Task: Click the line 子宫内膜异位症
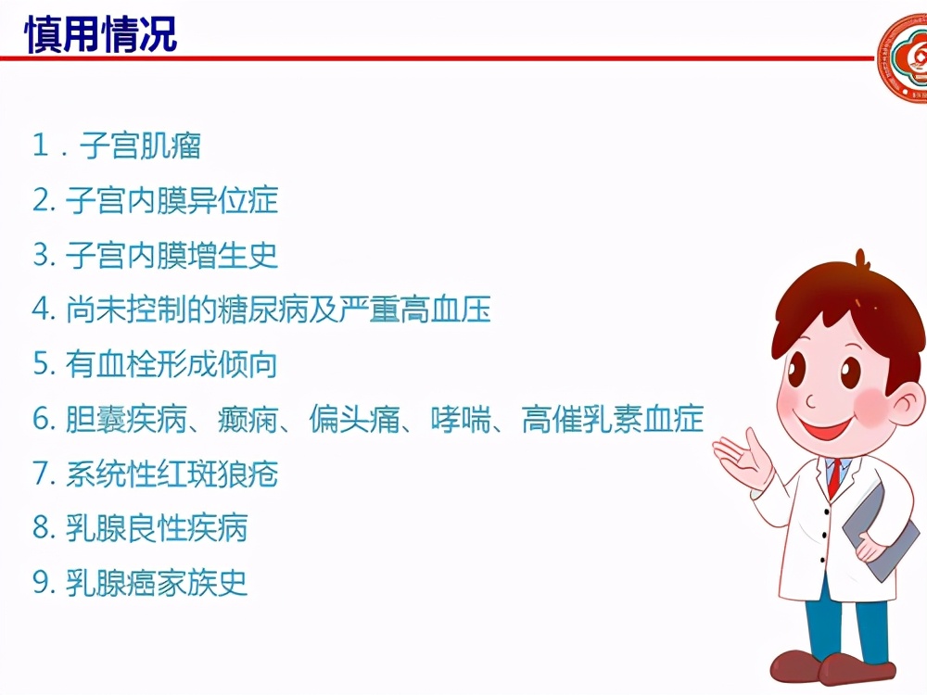171,200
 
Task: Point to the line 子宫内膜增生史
171,255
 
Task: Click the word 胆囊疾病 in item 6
126,419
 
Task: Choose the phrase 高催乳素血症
613,419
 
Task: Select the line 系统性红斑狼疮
171,474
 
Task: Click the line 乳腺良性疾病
157,528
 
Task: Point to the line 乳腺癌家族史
157,583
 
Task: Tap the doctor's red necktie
834,477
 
